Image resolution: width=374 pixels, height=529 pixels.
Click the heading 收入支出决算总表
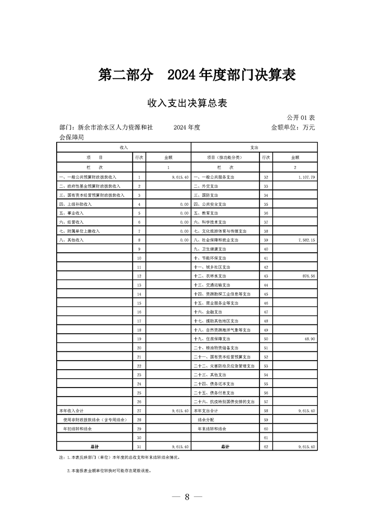(187, 103)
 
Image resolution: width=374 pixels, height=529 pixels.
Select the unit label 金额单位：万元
(292, 127)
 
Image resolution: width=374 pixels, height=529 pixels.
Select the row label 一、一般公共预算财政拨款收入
(88, 177)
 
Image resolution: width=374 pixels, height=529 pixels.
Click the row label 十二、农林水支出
(210, 276)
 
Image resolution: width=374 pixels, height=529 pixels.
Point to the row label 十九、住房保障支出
(212, 339)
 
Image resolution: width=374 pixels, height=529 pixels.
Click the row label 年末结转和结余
(212, 429)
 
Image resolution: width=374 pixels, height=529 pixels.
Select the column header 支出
(254, 148)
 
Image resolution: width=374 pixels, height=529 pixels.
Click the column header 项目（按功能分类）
(224, 157)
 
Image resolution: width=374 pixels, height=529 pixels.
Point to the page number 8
(187, 497)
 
